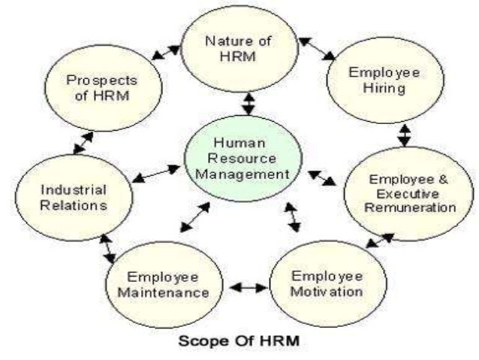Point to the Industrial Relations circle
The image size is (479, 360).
[x=74, y=197]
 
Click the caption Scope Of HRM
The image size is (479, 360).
[x=239, y=340]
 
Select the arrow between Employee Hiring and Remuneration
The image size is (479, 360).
[x=405, y=135]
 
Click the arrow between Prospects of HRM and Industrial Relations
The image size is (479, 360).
[x=83, y=142]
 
